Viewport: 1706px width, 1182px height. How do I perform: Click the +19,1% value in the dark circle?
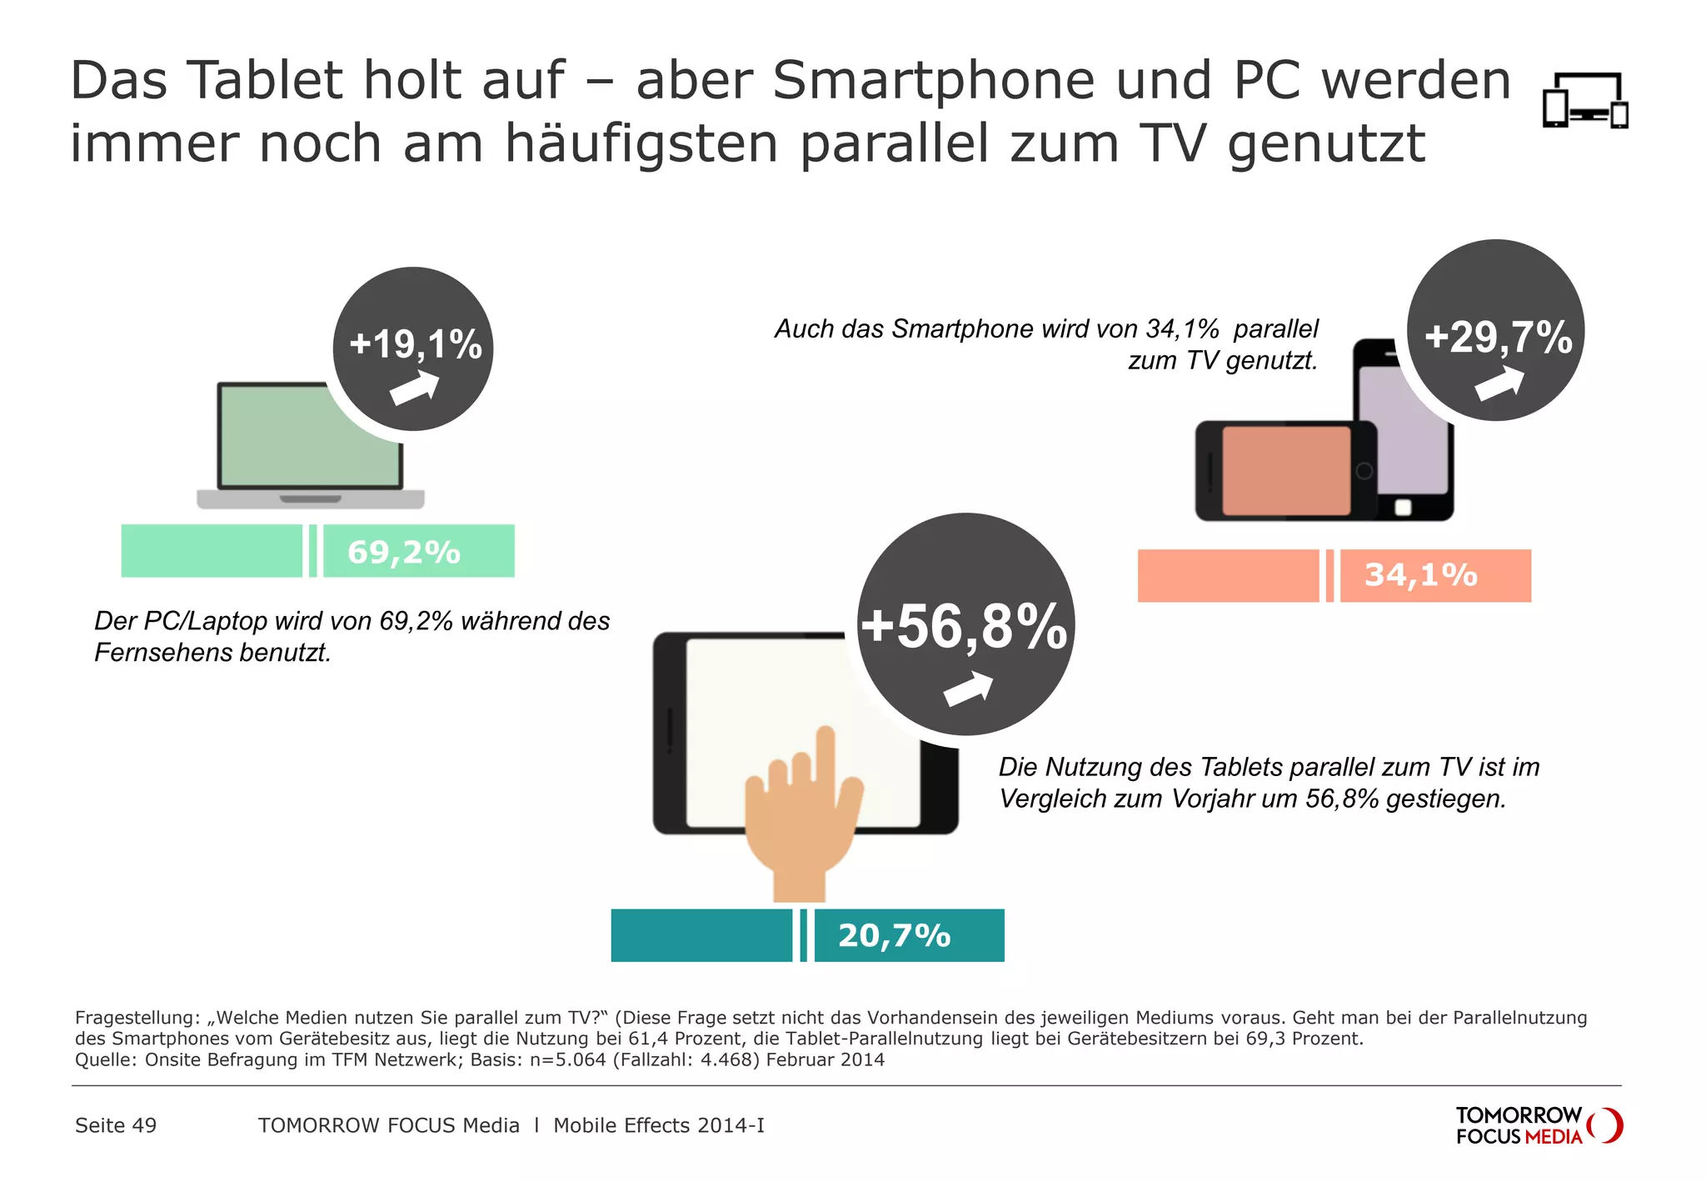[x=415, y=343]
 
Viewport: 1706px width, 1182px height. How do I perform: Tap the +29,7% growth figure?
[x=1498, y=337]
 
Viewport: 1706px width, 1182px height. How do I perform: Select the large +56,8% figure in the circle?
[x=964, y=626]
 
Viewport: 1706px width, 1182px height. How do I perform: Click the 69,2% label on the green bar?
[x=404, y=552]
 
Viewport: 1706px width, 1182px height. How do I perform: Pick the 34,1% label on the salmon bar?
[x=1420, y=575]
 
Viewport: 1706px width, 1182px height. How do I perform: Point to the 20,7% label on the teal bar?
[x=894, y=935]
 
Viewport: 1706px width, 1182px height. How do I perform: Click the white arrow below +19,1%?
[x=414, y=388]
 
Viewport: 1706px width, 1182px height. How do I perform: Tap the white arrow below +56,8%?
[x=968, y=689]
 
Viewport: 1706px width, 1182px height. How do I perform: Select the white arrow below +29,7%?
[x=1499, y=384]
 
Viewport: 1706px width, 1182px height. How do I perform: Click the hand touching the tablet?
[x=801, y=817]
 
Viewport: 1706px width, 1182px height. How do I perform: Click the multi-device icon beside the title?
[x=1584, y=101]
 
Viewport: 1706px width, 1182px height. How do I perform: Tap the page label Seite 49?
[x=116, y=1125]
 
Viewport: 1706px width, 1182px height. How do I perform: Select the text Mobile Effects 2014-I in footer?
[x=658, y=1125]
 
